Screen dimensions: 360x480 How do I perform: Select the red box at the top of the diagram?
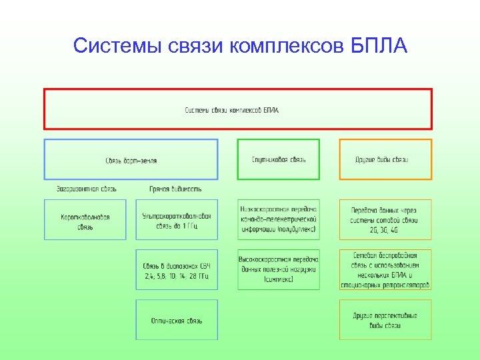click(238, 109)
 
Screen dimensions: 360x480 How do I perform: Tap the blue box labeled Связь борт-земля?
click(131, 159)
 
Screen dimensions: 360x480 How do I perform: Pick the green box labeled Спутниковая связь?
click(279, 159)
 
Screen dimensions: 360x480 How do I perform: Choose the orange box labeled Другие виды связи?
click(385, 159)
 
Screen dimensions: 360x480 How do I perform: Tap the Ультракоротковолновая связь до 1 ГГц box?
click(177, 221)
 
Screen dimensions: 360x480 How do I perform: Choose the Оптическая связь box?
click(177, 321)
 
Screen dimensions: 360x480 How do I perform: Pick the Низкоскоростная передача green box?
click(279, 219)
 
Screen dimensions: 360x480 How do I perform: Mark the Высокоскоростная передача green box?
click(279, 269)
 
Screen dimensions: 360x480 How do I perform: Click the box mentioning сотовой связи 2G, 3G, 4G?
click(385, 219)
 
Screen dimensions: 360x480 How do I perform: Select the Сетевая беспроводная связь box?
click(385, 269)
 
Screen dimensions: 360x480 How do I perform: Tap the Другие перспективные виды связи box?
click(385, 320)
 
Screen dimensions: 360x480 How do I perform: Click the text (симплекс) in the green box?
click(279, 279)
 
